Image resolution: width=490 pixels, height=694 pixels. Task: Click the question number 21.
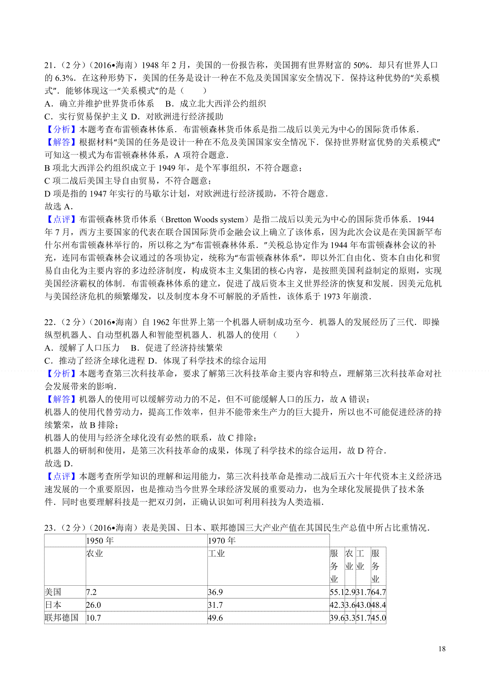(x=49, y=65)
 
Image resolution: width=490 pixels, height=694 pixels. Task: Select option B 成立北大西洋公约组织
(x=216, y=104)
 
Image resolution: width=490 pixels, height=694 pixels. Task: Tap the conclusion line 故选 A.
(x=59, y=207)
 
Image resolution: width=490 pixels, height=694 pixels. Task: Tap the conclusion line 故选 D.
(x=59, y=463)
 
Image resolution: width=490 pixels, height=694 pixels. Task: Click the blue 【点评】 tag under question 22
(x=61, y=477)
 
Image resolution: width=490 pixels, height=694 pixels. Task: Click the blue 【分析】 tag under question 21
(x=61, y=130)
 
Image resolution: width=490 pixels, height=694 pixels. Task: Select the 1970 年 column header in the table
(x=222, y=541)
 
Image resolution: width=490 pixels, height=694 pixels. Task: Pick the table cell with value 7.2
(x=91, y=592)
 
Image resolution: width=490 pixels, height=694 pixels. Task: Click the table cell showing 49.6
(x=216, y=618)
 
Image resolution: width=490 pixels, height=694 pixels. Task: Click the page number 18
(x=442, y=649)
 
